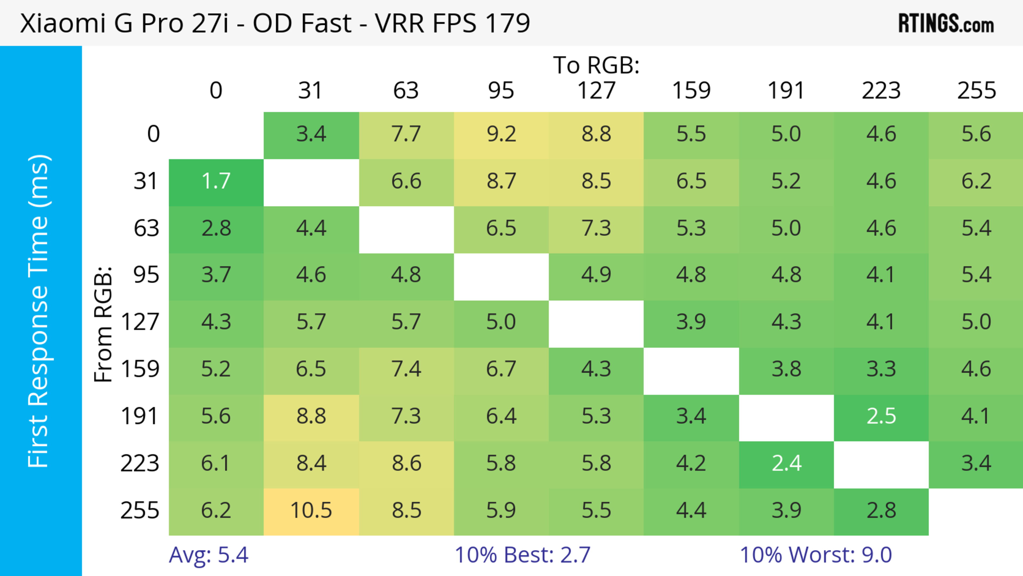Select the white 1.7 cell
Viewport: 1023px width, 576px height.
pyautogui.click(x=216, y=182)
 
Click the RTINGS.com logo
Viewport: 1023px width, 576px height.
pyautogui.click(x=946, y=23)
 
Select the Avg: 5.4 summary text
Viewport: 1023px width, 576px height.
pyautogui.click(x=209, y=555)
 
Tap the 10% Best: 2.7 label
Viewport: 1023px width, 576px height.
pyautogui.click(x=522, y=555)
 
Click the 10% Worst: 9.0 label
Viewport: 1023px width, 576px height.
pyautogui.click(x=816, y=555)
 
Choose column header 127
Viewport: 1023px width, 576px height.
pyautogui.click(x=596, y=91)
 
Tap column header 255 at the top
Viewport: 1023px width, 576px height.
pyautogui.click(x=976, y=91)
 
